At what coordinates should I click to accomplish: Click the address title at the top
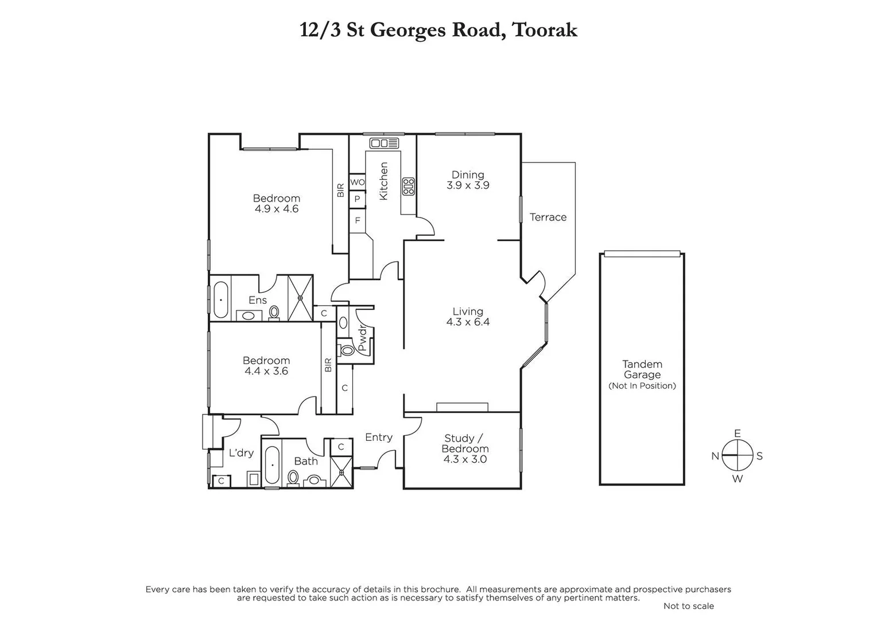(x=438, y=30)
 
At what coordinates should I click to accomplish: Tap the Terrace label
(x=548, y=217)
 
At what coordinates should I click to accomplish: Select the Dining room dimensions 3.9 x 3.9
(x=468, y=185)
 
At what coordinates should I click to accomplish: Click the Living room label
(x=468, y=312)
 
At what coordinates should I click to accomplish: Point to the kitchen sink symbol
(x=384, y=143)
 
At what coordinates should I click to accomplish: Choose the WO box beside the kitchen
(x=357, y=182)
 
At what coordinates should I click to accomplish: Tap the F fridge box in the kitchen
(x=357, y=220)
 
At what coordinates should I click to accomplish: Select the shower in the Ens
(x=300, y=298)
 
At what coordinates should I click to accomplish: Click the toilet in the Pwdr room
(x=347, y=350)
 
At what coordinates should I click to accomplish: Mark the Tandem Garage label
(x=642, y=369)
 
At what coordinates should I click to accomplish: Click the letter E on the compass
(x=738, y=433)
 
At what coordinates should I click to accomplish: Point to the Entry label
(x=379, y=437)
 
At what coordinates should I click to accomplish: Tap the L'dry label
(x=241, y=453)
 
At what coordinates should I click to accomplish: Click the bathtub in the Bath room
(x=272, y=464)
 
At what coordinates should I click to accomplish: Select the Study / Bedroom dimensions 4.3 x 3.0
(x=465, y=459)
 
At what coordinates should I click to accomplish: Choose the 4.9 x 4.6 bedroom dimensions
(x=277, y=209)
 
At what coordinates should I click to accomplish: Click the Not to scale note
(x=688, y=606)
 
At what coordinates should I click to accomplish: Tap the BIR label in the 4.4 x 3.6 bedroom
(x=328, y=365)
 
